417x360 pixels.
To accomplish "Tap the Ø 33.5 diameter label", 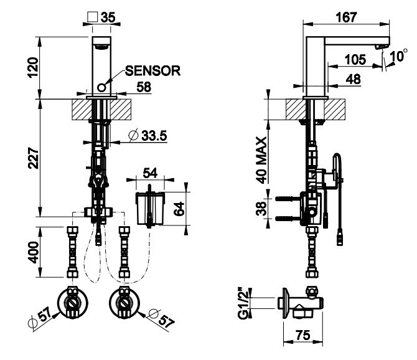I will [x=148, y=135].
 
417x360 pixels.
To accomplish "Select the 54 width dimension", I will [x=150, y=171].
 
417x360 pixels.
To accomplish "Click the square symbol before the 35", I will [x=93, y=17].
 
